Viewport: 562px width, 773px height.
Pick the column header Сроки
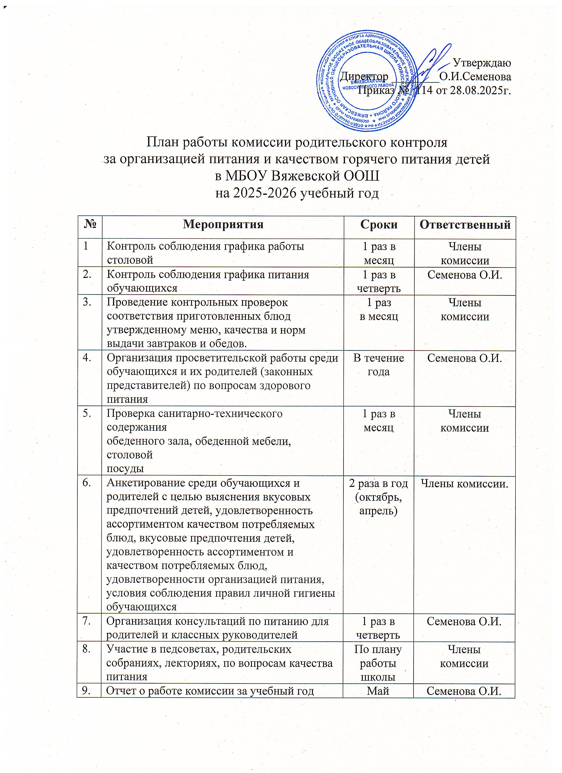pyautogui.click(x=379, y=225)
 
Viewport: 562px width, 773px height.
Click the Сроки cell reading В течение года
pyautogui.click(x=379, y=365)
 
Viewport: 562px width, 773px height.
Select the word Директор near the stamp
pyautogui.click(x=364, y=76)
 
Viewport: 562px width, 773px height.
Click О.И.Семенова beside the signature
pyautogui.click(x=475, y=77)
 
